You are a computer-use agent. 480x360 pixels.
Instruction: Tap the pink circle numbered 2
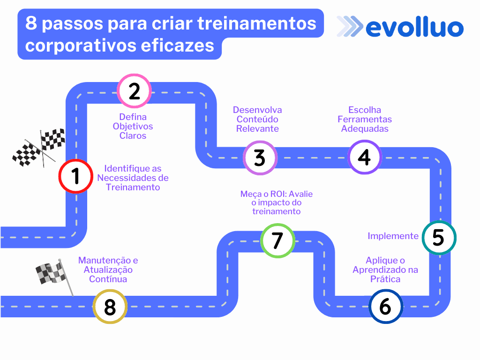coord(135,91)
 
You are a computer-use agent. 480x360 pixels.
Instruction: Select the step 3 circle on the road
coord(260,158)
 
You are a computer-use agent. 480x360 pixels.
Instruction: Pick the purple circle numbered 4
coord(365,157)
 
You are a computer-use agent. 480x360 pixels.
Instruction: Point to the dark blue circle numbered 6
coord(385,307)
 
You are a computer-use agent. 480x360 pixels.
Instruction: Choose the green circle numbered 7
coord(277,240)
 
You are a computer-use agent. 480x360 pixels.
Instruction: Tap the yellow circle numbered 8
coord(110,307)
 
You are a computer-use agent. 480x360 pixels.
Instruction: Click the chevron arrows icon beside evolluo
coord(349,27)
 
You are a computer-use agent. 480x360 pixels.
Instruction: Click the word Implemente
coord(393,236)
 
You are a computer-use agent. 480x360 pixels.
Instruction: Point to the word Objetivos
coord(133,127)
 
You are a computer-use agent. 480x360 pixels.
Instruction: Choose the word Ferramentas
coord(365,120)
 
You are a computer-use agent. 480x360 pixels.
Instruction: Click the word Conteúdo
coord(257,119)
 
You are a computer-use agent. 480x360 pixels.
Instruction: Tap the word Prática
coord(385,279)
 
